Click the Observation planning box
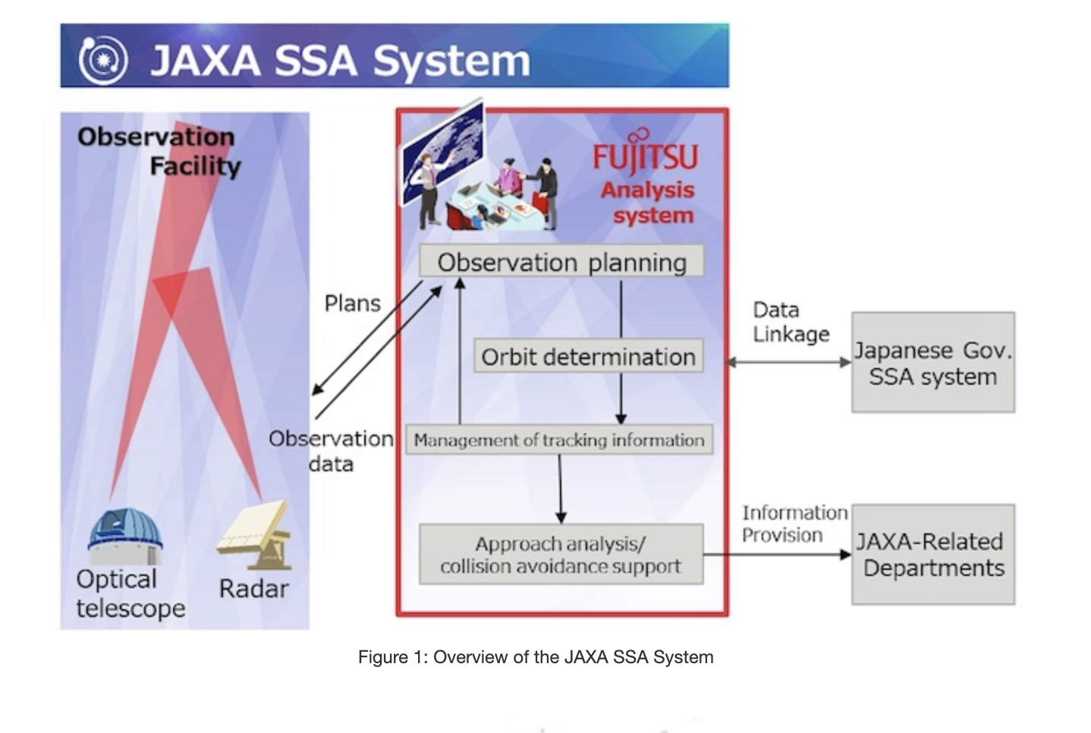tap(561, 262)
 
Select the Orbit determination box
tap(588, 356)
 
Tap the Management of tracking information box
tap(559, 440)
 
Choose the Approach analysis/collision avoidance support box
tap(561, 554)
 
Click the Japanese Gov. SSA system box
tap(933, 363)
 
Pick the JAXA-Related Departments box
tap(933, 554)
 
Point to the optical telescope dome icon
tap(125, 535)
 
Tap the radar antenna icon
tap(254, 536)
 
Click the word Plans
tap(352, 304)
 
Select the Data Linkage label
tap(791, 322)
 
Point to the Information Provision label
tap(795, 524)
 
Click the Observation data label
tap(332, 451)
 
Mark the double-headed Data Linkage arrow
tap(788, 363)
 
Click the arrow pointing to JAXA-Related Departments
tap(778, 554)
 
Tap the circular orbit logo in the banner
tap(102, 61)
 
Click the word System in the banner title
tap(452, 61)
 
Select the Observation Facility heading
tap(159, 152)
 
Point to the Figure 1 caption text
tap(536, 657)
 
